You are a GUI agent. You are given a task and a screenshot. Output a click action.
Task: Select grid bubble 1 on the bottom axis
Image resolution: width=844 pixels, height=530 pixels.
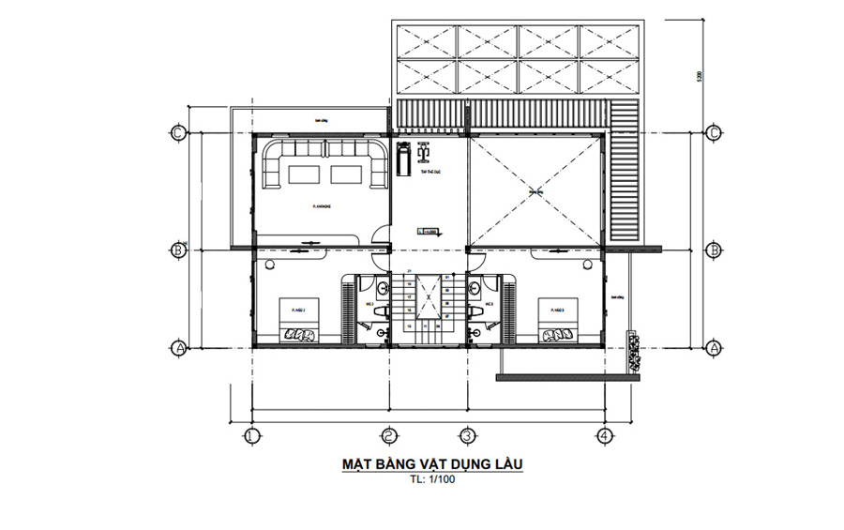(251, 435)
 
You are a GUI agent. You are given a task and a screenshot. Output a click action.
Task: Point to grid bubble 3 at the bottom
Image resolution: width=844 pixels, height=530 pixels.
(466, 435)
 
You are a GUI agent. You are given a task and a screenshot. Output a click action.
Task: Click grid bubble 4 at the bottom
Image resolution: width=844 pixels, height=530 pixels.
(604, 435)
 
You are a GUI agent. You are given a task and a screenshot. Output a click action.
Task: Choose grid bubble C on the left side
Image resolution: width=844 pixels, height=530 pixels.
(177, 132)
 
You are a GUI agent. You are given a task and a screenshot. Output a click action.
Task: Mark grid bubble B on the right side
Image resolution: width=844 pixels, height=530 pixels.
(714, 250)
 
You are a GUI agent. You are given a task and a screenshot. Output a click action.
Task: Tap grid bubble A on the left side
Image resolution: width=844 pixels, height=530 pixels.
(177, 347)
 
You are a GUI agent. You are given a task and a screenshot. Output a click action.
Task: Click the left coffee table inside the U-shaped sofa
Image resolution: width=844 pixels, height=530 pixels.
(302, 174)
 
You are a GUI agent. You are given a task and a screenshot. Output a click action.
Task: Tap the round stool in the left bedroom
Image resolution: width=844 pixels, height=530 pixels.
(271, 267)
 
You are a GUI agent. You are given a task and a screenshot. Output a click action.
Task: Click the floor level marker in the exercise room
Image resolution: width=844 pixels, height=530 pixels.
(428, 229)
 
